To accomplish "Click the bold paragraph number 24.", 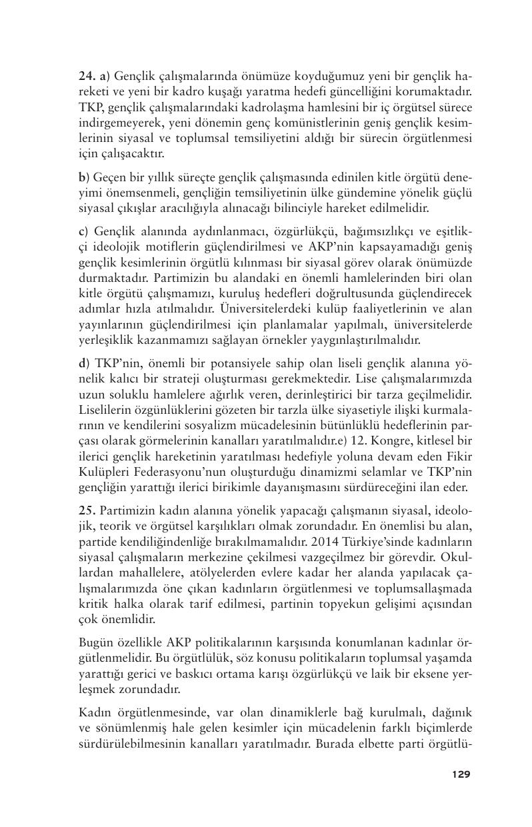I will tap(86, 76).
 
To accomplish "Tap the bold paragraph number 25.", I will tap(86, 510).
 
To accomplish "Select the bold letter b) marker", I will tap(83, 177).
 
